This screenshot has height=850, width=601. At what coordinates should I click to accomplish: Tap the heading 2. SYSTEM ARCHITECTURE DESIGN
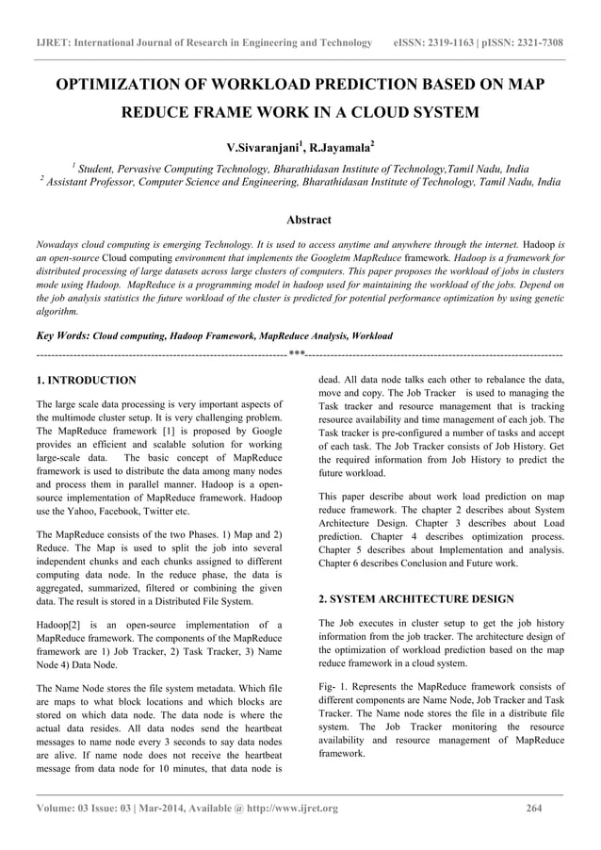tap(416, 598)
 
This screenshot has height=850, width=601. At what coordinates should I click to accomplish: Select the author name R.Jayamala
tap(342, 148)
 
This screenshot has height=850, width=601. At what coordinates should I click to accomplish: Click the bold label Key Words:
tap(62, 335)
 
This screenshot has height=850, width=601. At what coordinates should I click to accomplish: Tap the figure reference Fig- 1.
tap(333, 686)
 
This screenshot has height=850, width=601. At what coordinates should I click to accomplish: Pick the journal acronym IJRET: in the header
tap(54, 42)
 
